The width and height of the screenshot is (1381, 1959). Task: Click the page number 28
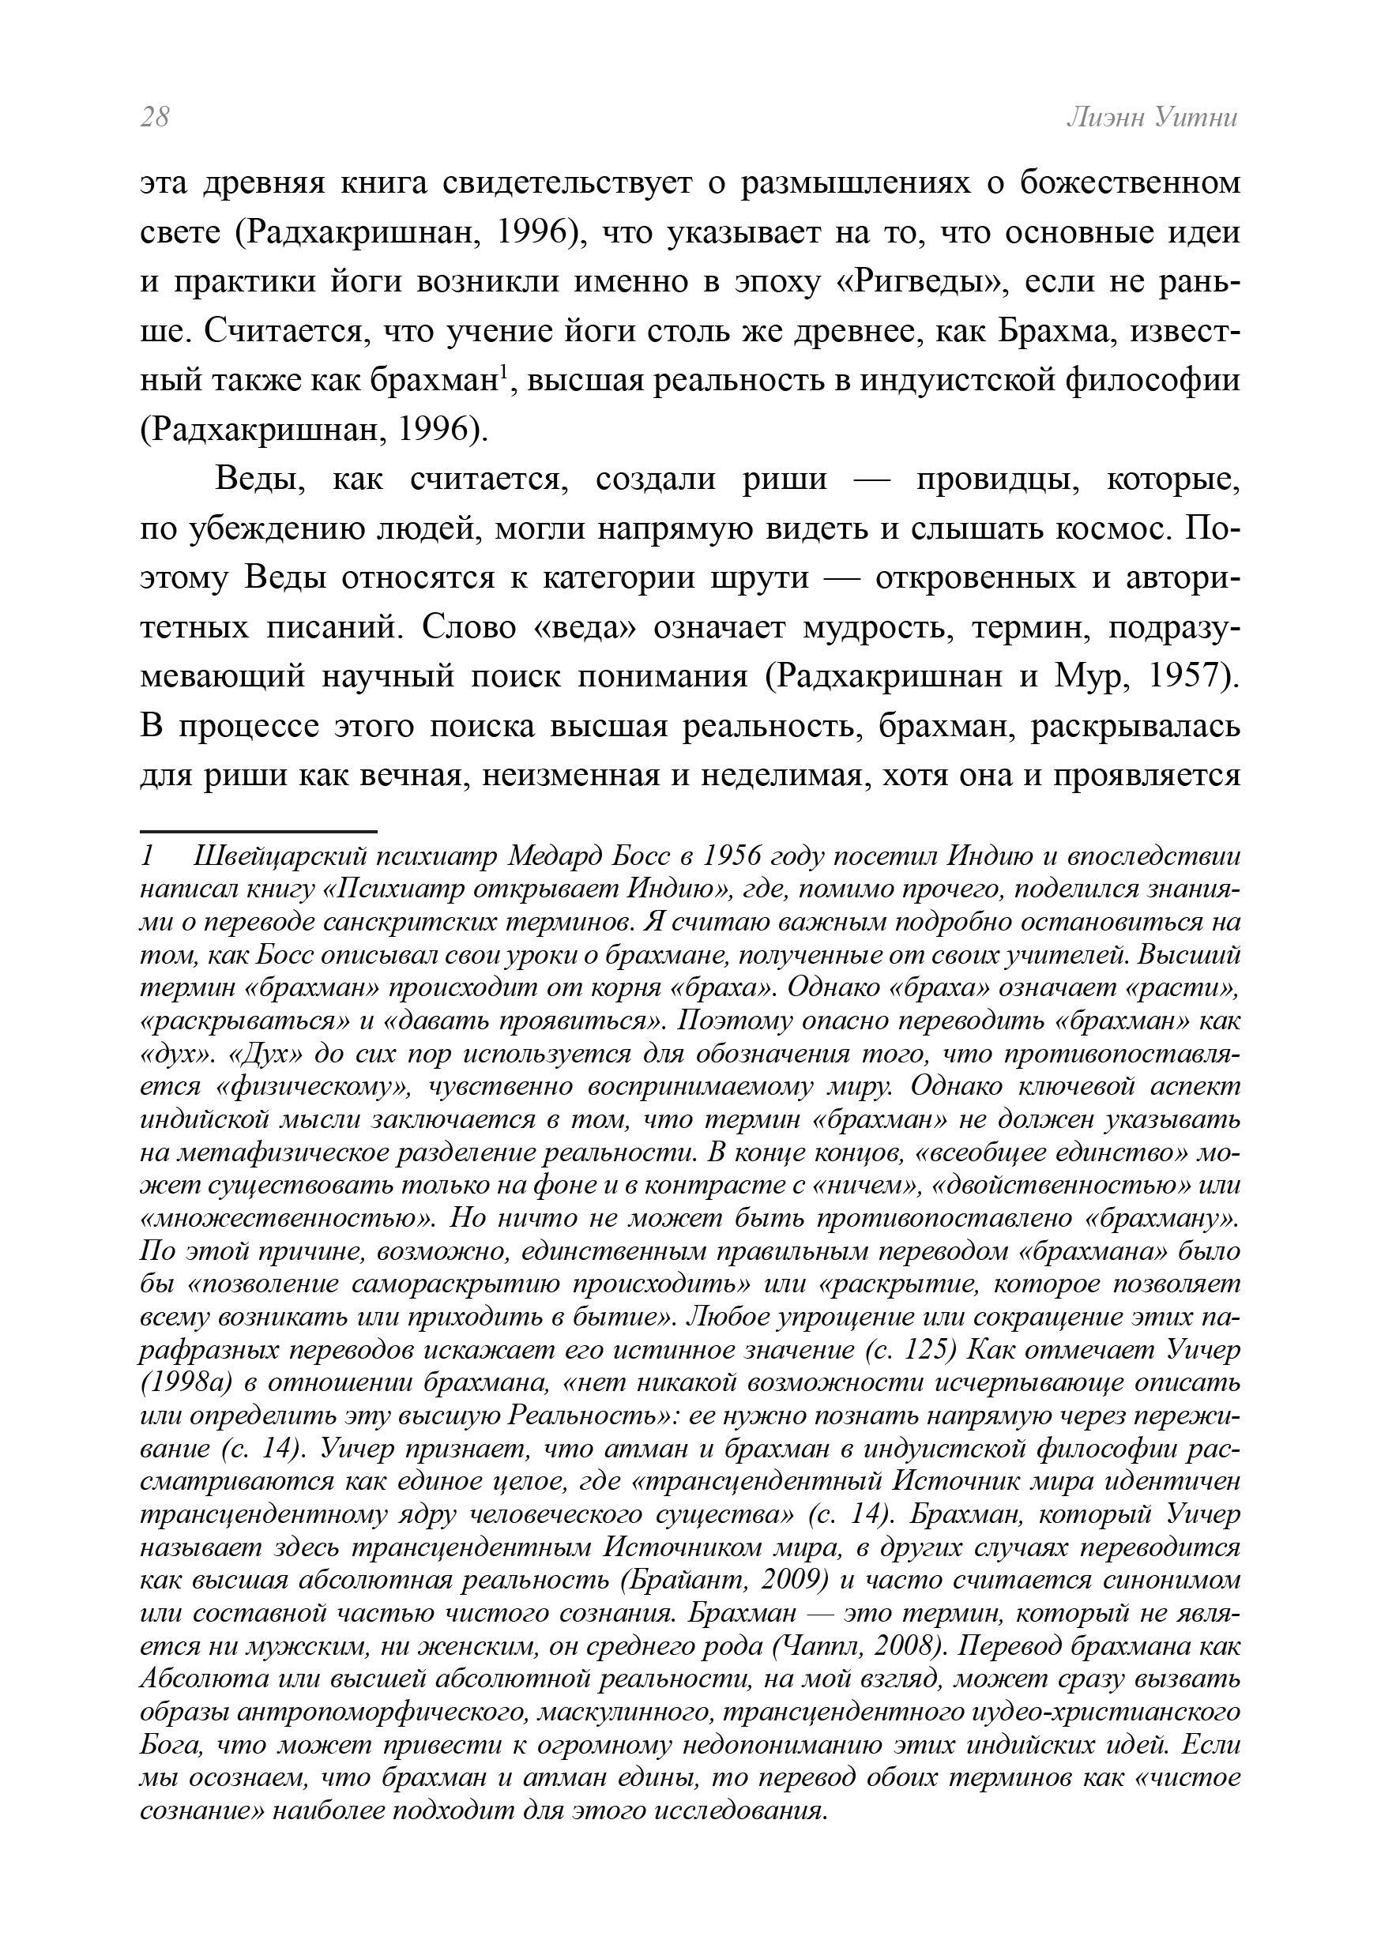(156, 117)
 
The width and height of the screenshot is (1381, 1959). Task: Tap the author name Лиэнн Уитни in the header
(1151, 117)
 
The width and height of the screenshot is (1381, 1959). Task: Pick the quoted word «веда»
(585, 627)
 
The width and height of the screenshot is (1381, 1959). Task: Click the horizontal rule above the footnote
(258, 830)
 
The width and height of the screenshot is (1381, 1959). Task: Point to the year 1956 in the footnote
(734, 855)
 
